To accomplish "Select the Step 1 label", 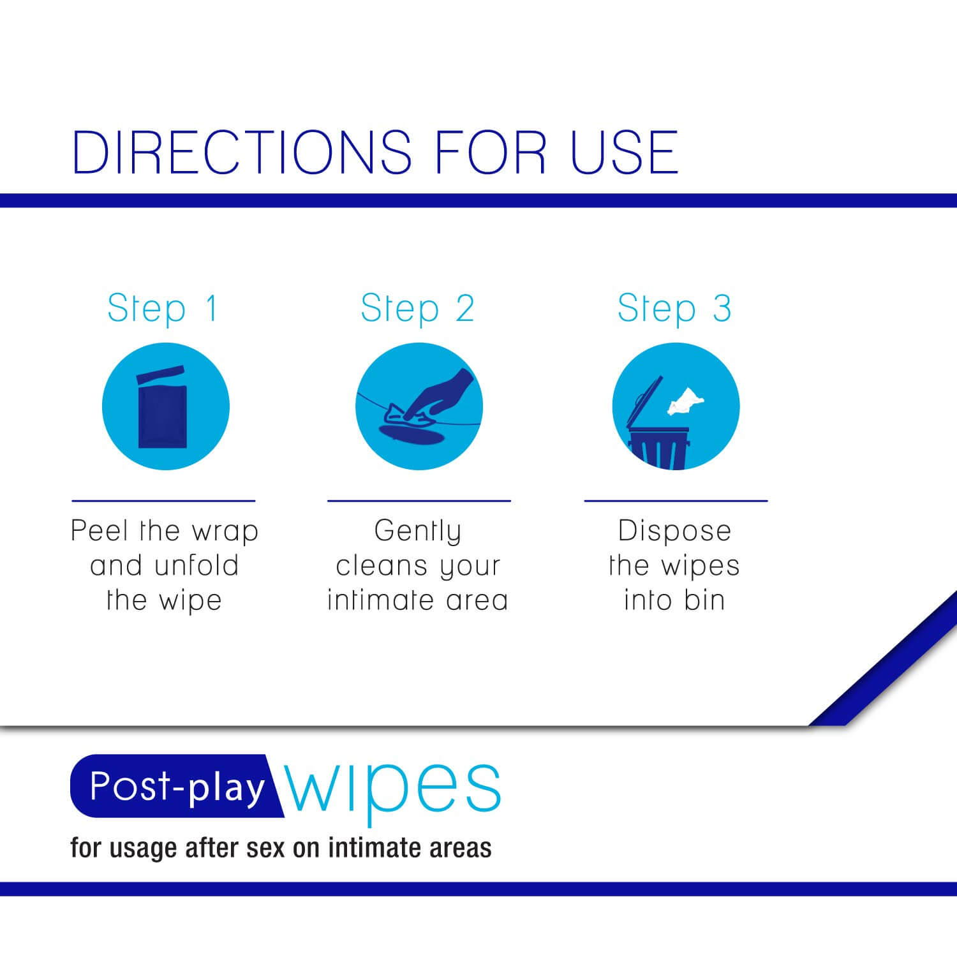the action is [163, 309].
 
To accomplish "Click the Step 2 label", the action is [417, 309].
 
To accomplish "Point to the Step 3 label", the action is [674, 309].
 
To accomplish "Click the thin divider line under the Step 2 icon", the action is [419, 501].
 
